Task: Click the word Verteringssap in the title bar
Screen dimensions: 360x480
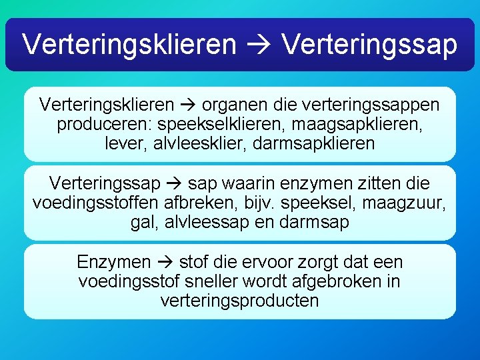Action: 369,45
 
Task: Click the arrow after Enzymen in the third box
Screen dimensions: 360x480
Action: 167,262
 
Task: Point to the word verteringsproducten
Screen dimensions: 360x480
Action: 240,301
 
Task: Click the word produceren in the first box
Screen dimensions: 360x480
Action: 98,124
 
